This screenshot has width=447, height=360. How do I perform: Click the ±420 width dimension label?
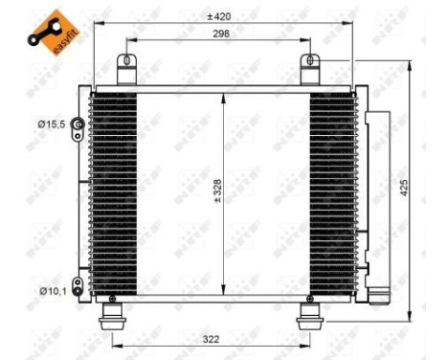coord(224,16)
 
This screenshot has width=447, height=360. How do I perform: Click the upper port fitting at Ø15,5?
coord(83,124)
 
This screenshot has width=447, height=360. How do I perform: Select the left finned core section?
coord(115,191)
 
